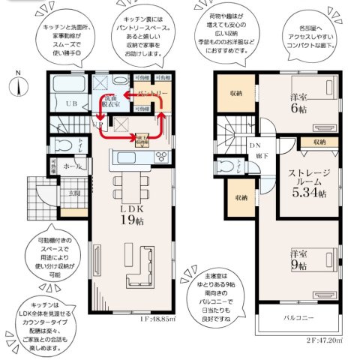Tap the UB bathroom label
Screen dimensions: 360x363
(x=72, y=103)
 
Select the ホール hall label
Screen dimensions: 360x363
(x=73, y=167)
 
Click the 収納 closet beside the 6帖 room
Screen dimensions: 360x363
(x=235, y=94)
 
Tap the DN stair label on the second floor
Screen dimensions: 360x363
(x=255, y=146)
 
